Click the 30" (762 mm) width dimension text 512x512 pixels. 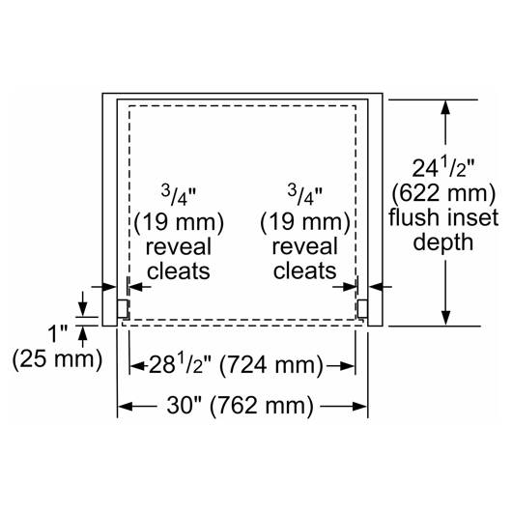point(240,406)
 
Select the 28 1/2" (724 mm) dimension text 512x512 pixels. point(236,365)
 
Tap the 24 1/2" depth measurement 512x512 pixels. point(443,167)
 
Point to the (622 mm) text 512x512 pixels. point(443,193)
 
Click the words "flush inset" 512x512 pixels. point(443,217)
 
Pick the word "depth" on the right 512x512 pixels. point(443,242)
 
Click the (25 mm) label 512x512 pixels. point(57,358)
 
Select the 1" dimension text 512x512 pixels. point(57,333)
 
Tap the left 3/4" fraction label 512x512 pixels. point(179,196)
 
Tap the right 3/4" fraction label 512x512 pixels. point(305,195)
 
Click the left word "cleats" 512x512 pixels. point(179,271)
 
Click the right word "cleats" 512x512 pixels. point(305,271)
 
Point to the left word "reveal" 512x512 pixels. point(179,247)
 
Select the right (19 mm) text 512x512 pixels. point(305,222)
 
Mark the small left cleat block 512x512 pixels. point(123,309)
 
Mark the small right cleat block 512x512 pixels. point(362,309)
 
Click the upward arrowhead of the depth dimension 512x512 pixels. point(445,107)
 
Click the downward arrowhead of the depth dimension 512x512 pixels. point(445,318)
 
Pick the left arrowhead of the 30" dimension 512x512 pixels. point(125,407)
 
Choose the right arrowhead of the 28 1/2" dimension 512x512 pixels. point(348,366)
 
